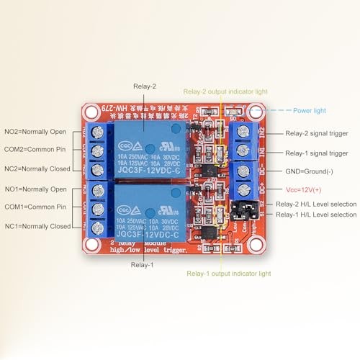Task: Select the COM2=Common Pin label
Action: click(x=37, y=150)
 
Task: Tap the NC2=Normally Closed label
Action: click(x=37, y=168)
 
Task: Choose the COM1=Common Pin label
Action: click(x=37, y=207)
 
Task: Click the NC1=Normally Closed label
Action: click(x=37, y=226)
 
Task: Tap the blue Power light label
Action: click(x=310, y=110)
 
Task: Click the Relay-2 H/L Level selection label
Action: click(x=316, y=204)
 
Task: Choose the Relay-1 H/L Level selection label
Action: click(x=316, y=215)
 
